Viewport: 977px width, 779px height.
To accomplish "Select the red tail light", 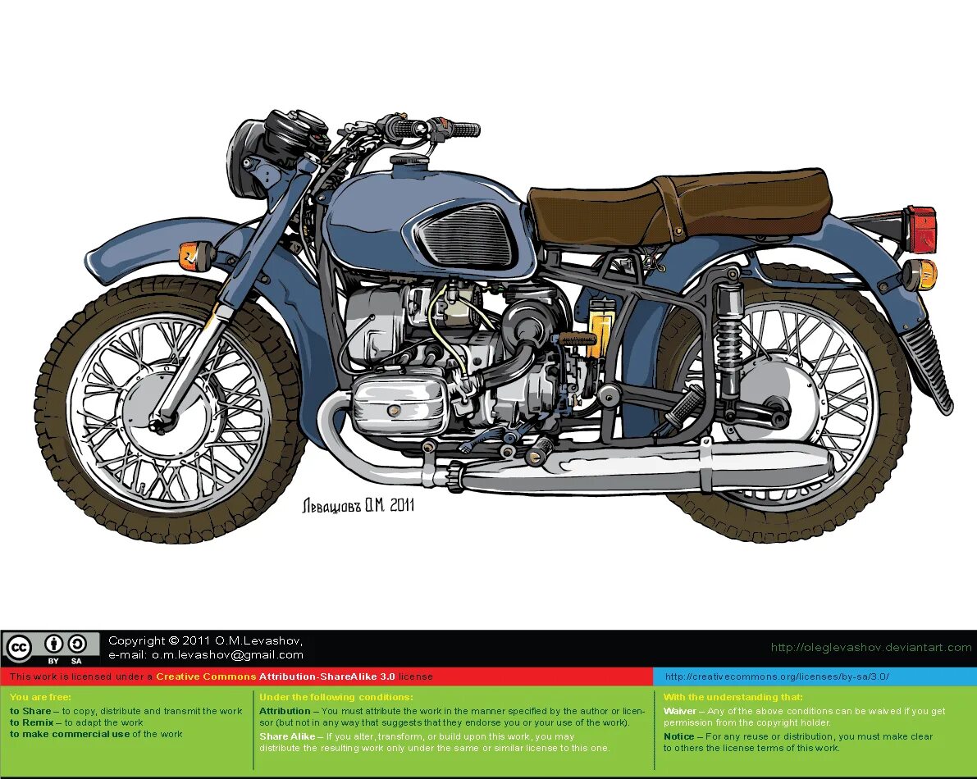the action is [x=921, y=229].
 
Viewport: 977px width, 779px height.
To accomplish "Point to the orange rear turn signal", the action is [x=921, y=275].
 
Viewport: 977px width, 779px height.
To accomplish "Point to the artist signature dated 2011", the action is [x=358, y=505].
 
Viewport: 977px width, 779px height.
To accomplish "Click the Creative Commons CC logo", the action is [x=18, y=648].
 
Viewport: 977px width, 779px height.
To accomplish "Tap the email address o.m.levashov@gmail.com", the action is [x=206, y=655].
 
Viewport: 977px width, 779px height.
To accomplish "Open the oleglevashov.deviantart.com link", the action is [x=870, y=648].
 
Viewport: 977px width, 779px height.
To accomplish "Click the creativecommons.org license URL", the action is [x=776, y=677].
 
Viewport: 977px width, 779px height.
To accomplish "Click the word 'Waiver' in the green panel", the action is [x=680, y=711].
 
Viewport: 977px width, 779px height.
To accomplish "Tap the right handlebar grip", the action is [x=463, y=130].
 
